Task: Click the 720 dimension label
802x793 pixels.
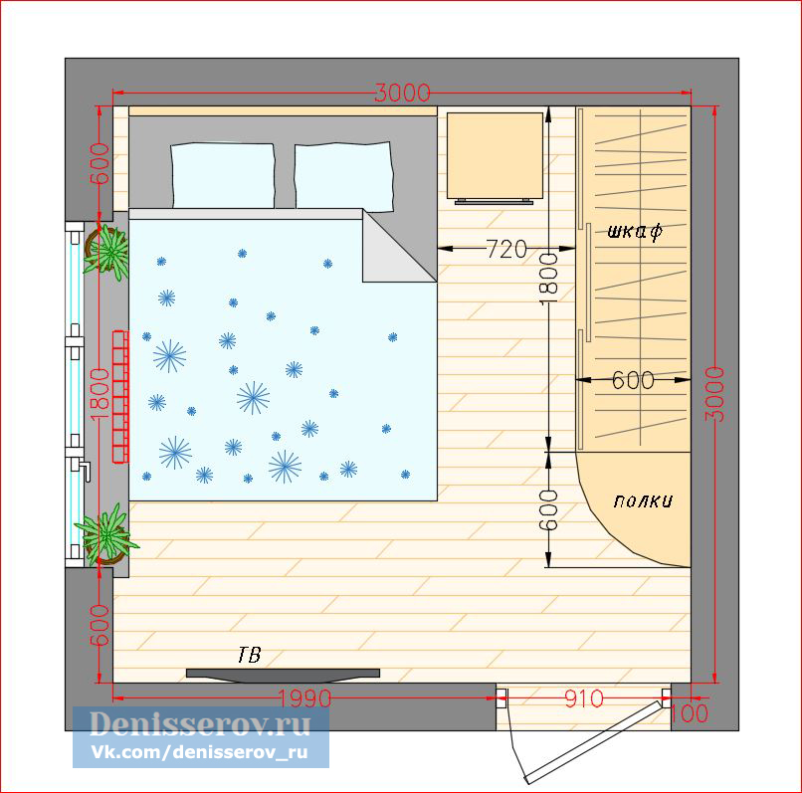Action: coord(505,249)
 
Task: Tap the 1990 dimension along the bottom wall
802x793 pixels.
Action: coord(304,698)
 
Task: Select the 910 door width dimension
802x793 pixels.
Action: coord(584,698)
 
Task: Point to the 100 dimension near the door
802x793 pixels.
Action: coord(689,713)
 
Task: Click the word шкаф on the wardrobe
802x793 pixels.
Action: coord(635,232)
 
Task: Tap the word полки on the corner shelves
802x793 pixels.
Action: coord(643,500)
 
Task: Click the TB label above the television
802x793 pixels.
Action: coord(249,655)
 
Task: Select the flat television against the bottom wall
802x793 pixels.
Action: coord(283,675)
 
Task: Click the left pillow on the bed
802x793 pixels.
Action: coord(223,175)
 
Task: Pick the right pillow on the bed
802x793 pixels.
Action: coord(343,176)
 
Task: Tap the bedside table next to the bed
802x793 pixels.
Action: coord(495,157)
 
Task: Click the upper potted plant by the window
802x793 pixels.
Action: coord(106,251)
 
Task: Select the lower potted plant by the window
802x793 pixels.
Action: coord(105,534)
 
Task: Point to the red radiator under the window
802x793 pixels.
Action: coord(120,396)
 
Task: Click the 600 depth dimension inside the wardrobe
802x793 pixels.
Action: coord(633,380)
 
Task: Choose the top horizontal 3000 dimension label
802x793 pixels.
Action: coord(402,94)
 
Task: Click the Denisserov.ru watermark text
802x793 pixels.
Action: coord(200,724)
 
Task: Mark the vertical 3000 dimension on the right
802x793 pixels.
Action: coord(715,394)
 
